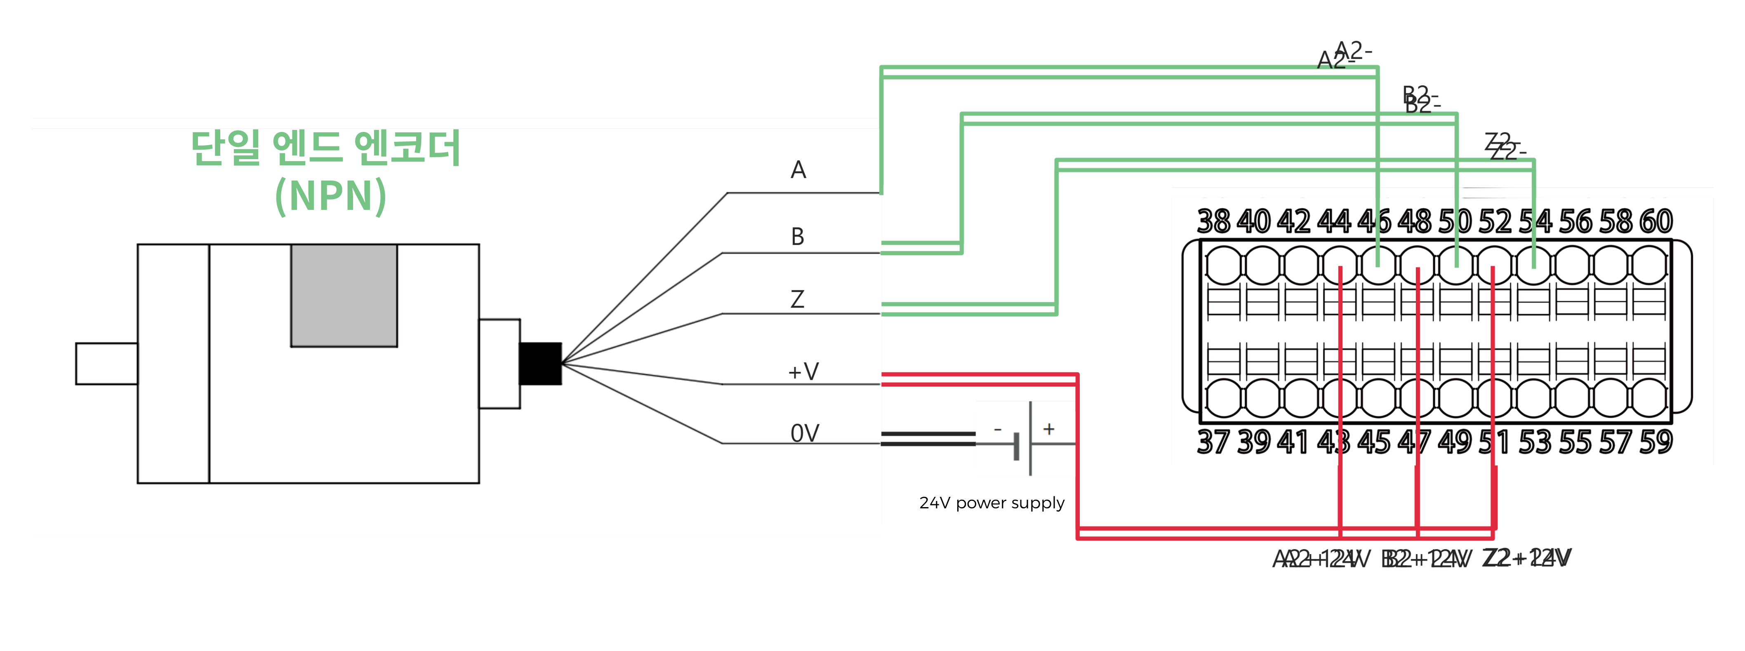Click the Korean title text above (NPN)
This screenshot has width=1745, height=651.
point(326,148)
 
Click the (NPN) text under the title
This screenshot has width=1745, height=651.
point(331,196)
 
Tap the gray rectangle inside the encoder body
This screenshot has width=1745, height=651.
point(344,295)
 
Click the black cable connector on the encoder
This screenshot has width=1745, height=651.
point(540,364)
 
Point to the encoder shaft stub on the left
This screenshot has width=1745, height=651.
point(106,364)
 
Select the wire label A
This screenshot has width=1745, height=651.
point(798,170)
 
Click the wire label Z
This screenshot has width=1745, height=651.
point(797,299)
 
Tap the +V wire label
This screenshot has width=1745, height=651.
point(803,371)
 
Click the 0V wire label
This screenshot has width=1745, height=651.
point(805,433)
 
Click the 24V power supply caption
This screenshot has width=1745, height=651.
point(991,503)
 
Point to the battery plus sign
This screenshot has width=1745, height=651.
point(1049,429)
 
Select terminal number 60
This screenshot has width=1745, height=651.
point(1656,221)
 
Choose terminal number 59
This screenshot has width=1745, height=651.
point(1656,442)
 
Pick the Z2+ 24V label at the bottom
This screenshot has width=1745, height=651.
point(1526,558)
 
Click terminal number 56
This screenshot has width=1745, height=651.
point(1575,221)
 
